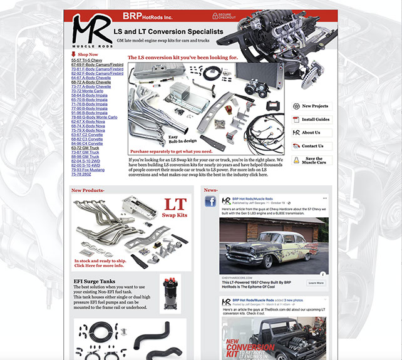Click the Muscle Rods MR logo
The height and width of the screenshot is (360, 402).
point(91,32)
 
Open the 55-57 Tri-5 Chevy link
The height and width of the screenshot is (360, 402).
point(86,59)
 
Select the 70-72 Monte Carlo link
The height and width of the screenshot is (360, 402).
point(88,91)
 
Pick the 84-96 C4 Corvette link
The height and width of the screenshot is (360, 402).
point(87,143)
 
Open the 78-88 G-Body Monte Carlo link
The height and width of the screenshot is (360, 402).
point(94,117)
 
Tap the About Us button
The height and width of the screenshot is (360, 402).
point(310,133)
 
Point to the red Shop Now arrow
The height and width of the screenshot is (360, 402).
point(73,54)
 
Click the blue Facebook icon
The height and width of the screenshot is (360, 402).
point(210,201)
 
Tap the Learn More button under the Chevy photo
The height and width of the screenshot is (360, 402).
point(316,282)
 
